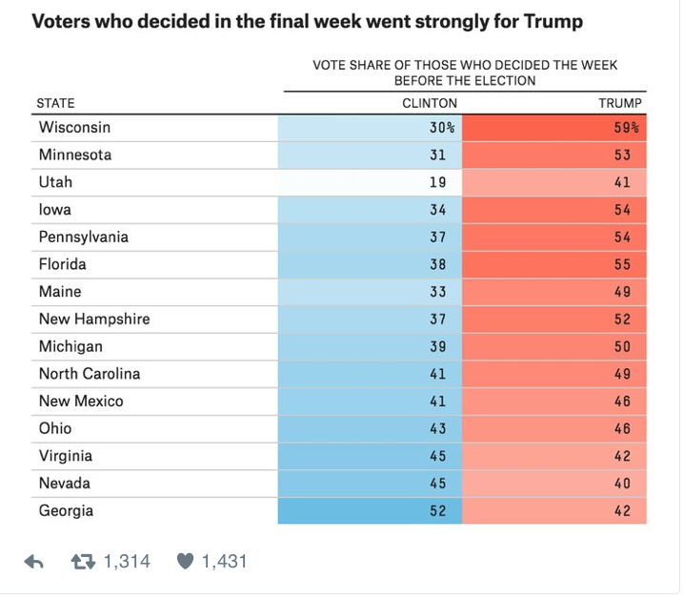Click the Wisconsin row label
click(x=74, y=128)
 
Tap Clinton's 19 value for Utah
click(x=437, y=182)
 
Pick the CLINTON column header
click(x=430, y=103)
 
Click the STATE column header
click(x=55, y=103)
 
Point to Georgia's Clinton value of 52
click(x=437, y=511)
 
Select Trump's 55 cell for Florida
click(x=622, y=265)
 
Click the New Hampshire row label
click(x=94, y=320)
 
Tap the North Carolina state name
click(x=90, y=374)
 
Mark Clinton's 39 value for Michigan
click(x=437, y=347)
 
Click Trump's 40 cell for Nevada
click(x=622, y=484)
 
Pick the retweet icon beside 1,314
click(x=84, y=562)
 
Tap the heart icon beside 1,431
click(x=185, y=562)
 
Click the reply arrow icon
click(x=34, y=563)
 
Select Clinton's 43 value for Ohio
click(x=437, y=429)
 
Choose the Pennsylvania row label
click(x=84, y=238)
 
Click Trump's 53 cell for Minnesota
click(x=622, y=155)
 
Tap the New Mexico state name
click(x=81, y=402)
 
